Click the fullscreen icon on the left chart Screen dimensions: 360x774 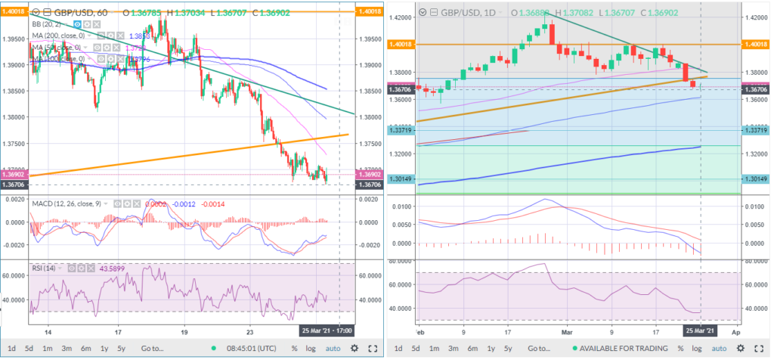pos(373,349)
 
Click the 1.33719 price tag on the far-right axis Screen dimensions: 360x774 pos(757,131)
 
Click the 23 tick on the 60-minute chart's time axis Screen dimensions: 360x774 pos(249,331)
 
